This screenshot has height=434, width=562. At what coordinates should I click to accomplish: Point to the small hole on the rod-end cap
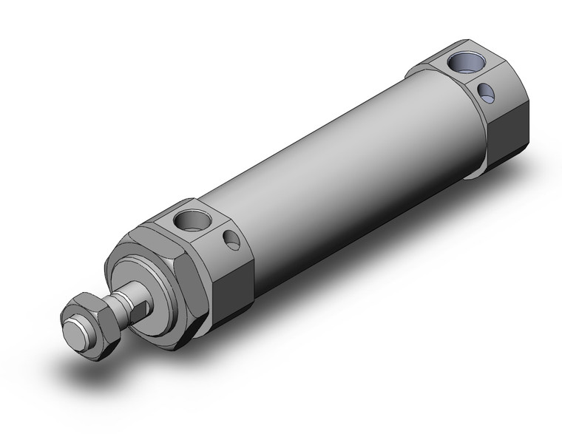[x=232, y=240]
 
